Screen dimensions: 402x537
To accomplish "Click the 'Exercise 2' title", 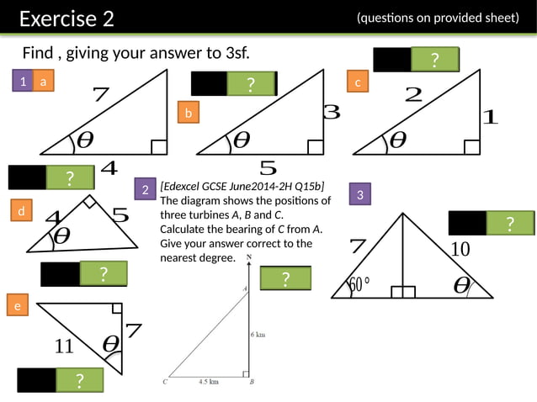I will [66, 19].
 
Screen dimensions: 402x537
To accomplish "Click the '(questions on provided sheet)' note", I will [438, 18].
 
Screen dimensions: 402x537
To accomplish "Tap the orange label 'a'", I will [44, 81].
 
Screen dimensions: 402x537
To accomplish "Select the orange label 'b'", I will [189, 113].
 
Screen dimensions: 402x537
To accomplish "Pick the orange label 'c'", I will [358, 82].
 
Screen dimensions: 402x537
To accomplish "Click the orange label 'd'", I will [20, 212].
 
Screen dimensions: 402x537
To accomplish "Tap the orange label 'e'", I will [16, 307].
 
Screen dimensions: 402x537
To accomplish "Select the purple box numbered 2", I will [146, 191].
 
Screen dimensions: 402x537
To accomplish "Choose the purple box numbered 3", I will [359, 195].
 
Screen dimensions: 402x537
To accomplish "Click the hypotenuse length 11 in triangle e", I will [65, 346].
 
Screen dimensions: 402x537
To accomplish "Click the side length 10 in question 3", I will [460, 249].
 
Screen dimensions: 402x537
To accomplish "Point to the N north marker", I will [248, 256].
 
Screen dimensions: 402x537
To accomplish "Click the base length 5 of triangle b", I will [268, 167].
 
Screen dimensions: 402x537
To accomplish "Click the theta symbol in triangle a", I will [85, 140].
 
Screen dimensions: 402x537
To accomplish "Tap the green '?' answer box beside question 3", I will [509, 223].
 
